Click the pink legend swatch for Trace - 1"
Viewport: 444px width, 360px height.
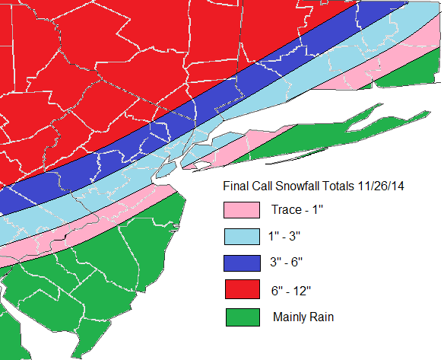[242, 210]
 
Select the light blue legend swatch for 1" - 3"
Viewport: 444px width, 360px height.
[242, 237]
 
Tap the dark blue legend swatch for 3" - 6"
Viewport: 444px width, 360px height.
[242, 263]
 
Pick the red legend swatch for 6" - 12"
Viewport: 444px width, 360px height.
[242, 290]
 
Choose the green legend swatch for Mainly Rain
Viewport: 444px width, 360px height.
[242, 317]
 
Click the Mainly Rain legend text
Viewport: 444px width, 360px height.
[303, 317]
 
